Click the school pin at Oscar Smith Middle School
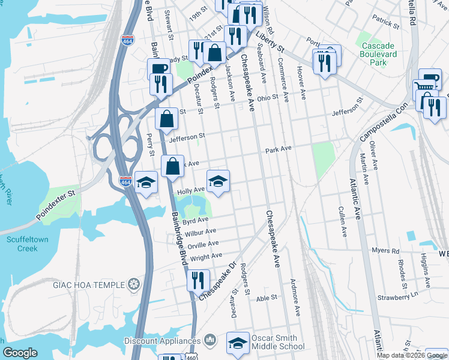tap(238, 343)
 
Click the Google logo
tap(20, 353)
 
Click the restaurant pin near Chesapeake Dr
tap(197, 280)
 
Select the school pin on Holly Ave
tap(218, 181)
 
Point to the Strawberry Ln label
tap(397, 296)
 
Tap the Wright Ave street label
tap(206, 257)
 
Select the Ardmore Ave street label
tap(295, 298)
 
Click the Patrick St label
tap(385, 23)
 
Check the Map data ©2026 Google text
tap(411, 355)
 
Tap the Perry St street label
tap(149, 143)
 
